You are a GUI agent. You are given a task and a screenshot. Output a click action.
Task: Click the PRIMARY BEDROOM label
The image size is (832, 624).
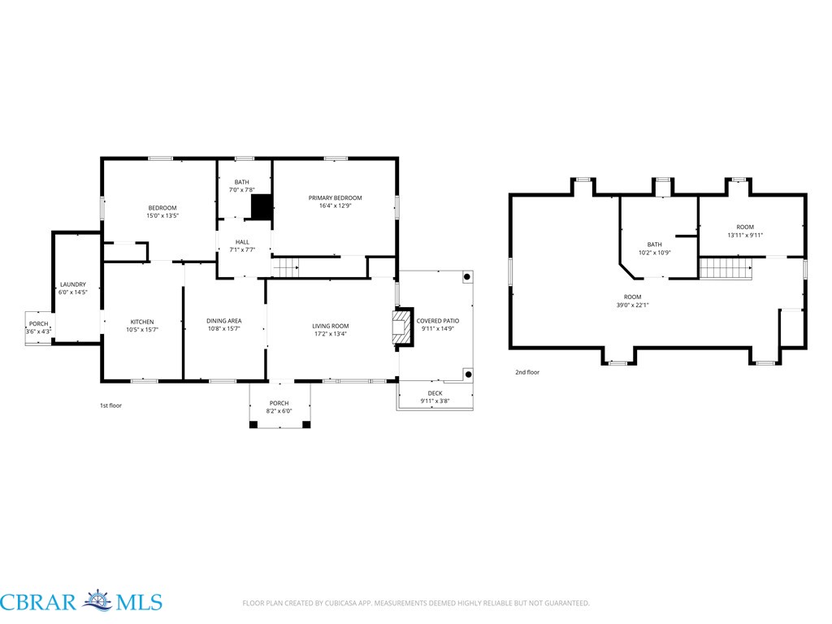pyautogui.click(x=335, y=198)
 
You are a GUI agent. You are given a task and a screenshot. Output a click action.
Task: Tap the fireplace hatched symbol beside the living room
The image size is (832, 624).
pyautogui.click(x=401, y=327)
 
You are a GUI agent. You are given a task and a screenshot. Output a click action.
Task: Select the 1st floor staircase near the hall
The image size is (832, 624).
pyautogui.click(x=285, y=267)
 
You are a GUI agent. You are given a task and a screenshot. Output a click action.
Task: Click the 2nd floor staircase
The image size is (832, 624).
pyautogui.click(x=726, y=268)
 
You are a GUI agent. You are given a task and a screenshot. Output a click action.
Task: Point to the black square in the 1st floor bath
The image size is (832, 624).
pyautogui.click(x=261, y=207)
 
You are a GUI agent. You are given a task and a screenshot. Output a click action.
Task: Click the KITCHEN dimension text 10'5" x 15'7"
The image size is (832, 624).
pyautogui.click(x=142, y=330)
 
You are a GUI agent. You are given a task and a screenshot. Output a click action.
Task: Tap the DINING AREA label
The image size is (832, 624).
pyautogui.click(x=224, y=321)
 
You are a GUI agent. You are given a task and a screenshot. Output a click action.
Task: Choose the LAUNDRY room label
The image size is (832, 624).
pyautogui.click(x=72, y=284)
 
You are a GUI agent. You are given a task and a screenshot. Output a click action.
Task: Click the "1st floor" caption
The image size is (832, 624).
pyautogui.click(x=110, y=405)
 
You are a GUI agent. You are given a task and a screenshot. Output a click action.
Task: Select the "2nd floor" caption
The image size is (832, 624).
pyautogui.click(x=527, y=372)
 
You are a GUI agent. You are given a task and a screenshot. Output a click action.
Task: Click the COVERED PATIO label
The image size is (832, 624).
pyautogui.click(x=438, y=321)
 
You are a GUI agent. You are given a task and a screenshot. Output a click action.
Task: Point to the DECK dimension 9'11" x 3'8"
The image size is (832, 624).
pyautogui.click(x=435, y=401)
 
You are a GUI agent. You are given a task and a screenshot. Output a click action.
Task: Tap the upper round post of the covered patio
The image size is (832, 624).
pyautogui.click(x=467, y=277)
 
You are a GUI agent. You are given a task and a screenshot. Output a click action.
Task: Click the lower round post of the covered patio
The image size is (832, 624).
pyautogui.click(x=469, y=375)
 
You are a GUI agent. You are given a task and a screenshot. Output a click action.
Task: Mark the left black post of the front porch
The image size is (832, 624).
pyautogui.click(x=253, y=424)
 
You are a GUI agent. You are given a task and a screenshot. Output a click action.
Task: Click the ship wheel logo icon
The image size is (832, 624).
pyautogui.click(x=97, y=600)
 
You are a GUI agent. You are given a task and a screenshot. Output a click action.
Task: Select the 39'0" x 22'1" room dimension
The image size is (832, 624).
pyautogui.click(x=632, y=305)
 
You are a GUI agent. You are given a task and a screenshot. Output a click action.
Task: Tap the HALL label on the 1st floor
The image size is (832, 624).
pyautogui.click(x=242, y=242)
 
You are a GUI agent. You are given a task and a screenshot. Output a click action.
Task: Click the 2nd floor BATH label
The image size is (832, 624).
pyautogui.click(x=654, y=245)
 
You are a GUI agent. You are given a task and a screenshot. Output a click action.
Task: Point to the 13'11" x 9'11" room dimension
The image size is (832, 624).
pyautogui.click(x=745, y=235)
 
